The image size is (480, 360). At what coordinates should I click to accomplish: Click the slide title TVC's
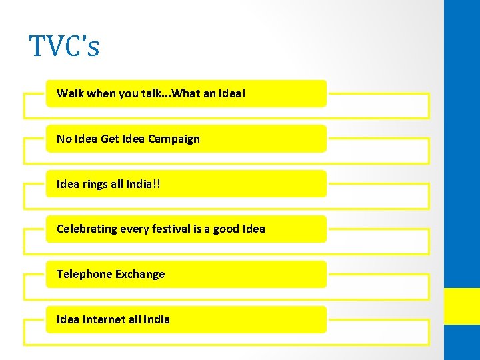(64, 47)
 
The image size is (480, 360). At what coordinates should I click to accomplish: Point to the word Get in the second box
(109, 139)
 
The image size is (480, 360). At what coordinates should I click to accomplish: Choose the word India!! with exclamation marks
(145, 183)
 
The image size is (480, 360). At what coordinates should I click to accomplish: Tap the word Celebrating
(87, 229)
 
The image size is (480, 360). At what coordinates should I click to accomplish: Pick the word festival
(171, 229)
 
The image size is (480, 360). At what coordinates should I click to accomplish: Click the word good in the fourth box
(227, 229)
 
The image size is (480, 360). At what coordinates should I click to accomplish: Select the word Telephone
(83, 274)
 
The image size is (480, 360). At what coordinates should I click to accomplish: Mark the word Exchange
(139, 274)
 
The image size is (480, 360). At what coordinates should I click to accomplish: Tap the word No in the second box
(63, 139)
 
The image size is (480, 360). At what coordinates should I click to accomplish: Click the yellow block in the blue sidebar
(462, 306)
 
